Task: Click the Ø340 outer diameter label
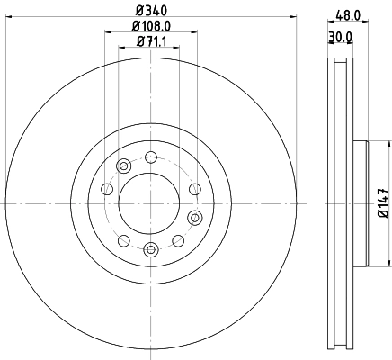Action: [150, 11]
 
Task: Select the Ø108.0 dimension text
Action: [150, 27]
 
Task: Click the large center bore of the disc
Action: [150, 203]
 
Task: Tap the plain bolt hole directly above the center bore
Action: [150, 158]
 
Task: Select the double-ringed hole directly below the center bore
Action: [150, 249]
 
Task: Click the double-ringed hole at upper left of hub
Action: [123, 166]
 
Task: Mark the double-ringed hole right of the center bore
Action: [193, 217]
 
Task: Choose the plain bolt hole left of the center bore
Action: [106, 189]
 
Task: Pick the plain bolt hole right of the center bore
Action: [194, 189]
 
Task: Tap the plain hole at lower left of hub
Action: [123, 240]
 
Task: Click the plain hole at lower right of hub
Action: [177, 240]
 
